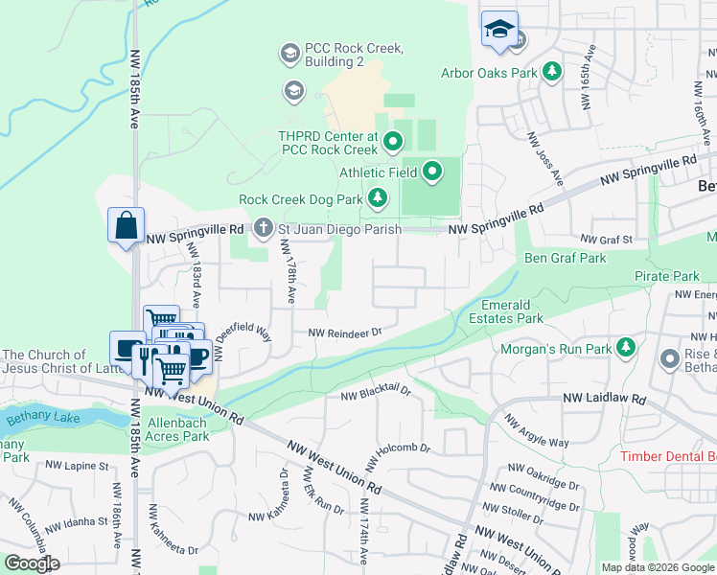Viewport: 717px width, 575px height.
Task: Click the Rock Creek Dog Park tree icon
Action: click(x=379, y=198)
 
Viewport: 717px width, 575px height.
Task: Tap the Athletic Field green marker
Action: click(x=432, y=172)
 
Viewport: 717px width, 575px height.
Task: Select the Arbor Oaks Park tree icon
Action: click(x=552, y=72)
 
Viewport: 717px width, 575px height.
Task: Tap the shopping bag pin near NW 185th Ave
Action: click(x=126, y=226)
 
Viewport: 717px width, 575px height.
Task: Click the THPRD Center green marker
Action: click(x=392, y=144)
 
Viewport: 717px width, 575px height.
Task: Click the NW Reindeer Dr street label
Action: click(x=345, y=333)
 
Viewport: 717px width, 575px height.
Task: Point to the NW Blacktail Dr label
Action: click(x=376, y=393)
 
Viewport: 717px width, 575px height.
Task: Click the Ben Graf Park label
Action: click(x=566, y=258)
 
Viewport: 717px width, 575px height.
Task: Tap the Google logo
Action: click(x=33, y=563)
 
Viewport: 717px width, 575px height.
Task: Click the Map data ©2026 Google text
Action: click(x=657, y=567)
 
